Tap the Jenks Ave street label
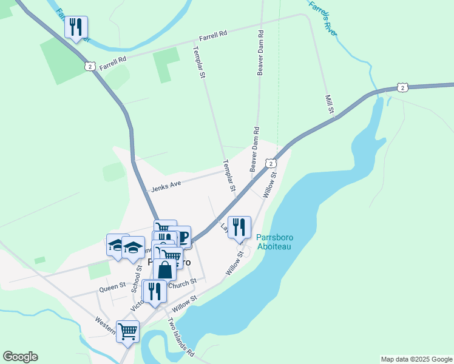[167, 183]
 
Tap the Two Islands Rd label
[180, 337]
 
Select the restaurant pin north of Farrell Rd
[76, 27]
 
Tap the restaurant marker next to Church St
[155, 291]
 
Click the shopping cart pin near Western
[128, 331]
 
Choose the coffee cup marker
[183, 236]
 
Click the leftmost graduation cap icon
[117, 245]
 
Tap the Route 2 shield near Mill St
[402, 88]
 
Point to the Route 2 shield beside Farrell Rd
[90, 66]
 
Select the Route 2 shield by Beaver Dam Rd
[271, 163]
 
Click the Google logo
[20, 357]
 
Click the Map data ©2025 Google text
[416, 359]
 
